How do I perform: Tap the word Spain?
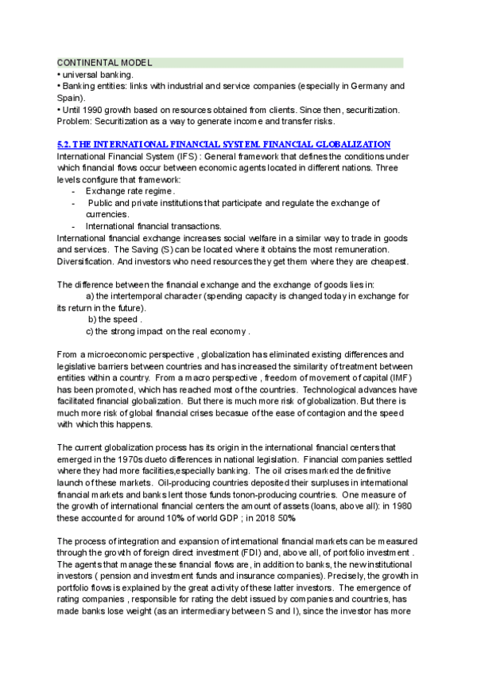70,97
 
